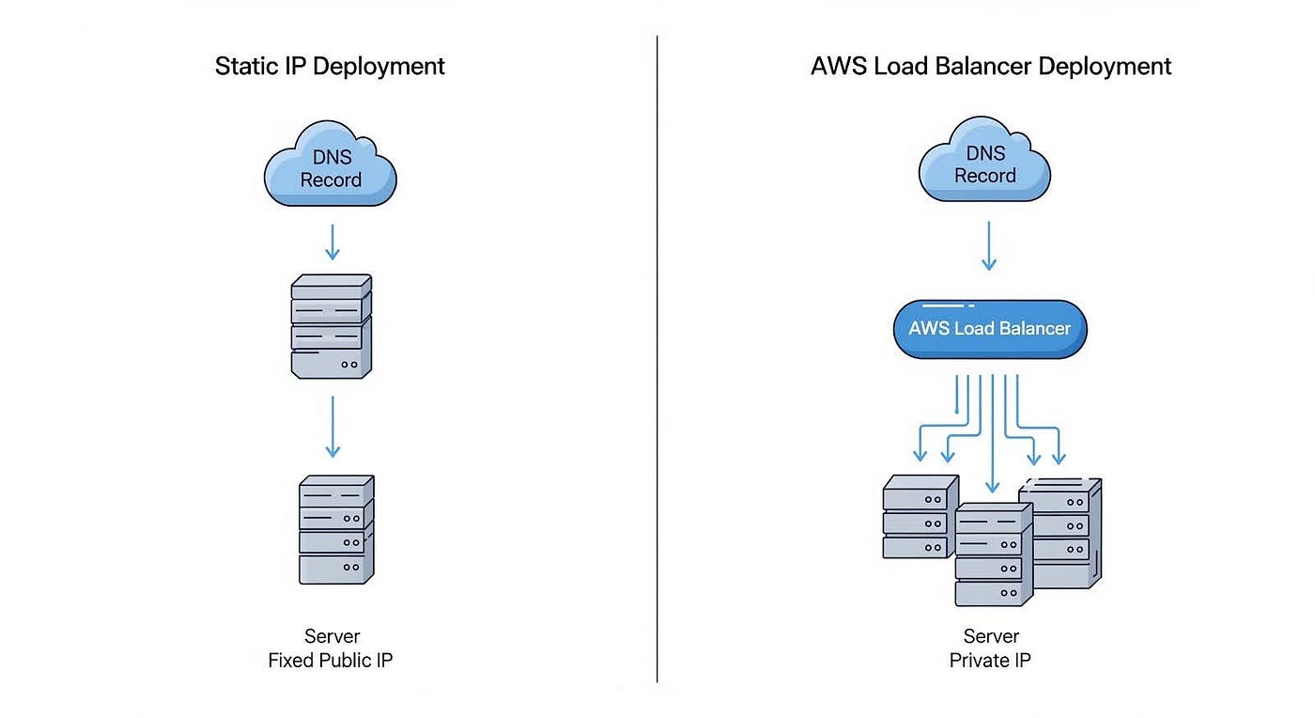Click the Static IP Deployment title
[x=330, y=67]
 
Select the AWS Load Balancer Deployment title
[x=991, y=67]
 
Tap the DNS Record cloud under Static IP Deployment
[x=331, y=168]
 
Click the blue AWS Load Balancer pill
[x=989, y=329]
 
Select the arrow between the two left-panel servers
[x=332, y=426]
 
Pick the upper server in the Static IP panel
[x=332, y=326]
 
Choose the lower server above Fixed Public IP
[x=336, y=529]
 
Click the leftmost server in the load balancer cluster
[x=919, y=517]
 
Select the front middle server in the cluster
[x=993, y=554]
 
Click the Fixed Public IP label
[x=331, y=661]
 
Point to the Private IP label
[x=990, y=661]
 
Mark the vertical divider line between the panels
[x=657, y=357]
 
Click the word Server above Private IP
[x=990, y=637]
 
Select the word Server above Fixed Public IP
[x=332, y=637]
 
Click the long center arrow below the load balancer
[x=993, y=432]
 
